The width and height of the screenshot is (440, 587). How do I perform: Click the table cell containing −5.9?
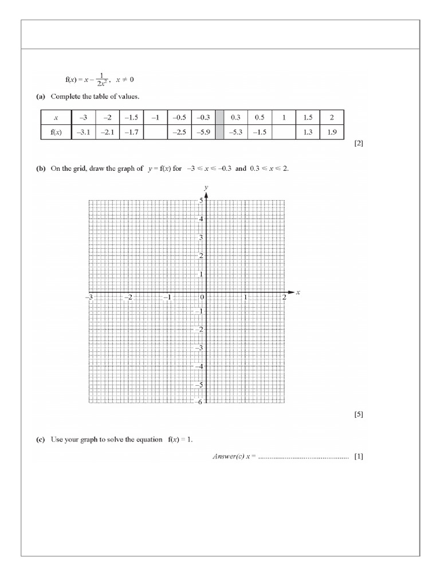(x=203, y=132)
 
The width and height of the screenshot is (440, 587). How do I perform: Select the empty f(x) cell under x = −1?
(x=155, y=132)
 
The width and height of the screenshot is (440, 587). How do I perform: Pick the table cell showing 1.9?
(x=332, y=132)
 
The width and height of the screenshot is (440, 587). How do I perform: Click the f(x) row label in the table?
(x=56, y=132)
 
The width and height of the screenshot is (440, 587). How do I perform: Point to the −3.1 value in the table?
(x=82, y=132)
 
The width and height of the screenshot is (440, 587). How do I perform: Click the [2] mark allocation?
(x=359, y=144)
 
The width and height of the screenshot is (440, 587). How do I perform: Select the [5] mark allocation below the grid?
(x=359, y=414)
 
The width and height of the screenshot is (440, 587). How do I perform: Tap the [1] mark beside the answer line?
(x=359, y=457)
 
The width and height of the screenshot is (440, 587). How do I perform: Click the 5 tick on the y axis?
(x=201, y=201)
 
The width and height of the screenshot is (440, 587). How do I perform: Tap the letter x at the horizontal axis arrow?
(x=298, y=293)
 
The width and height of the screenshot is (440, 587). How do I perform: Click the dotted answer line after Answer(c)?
(x=304, y=458)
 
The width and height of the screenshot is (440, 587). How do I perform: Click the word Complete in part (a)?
(x=67, y=96)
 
